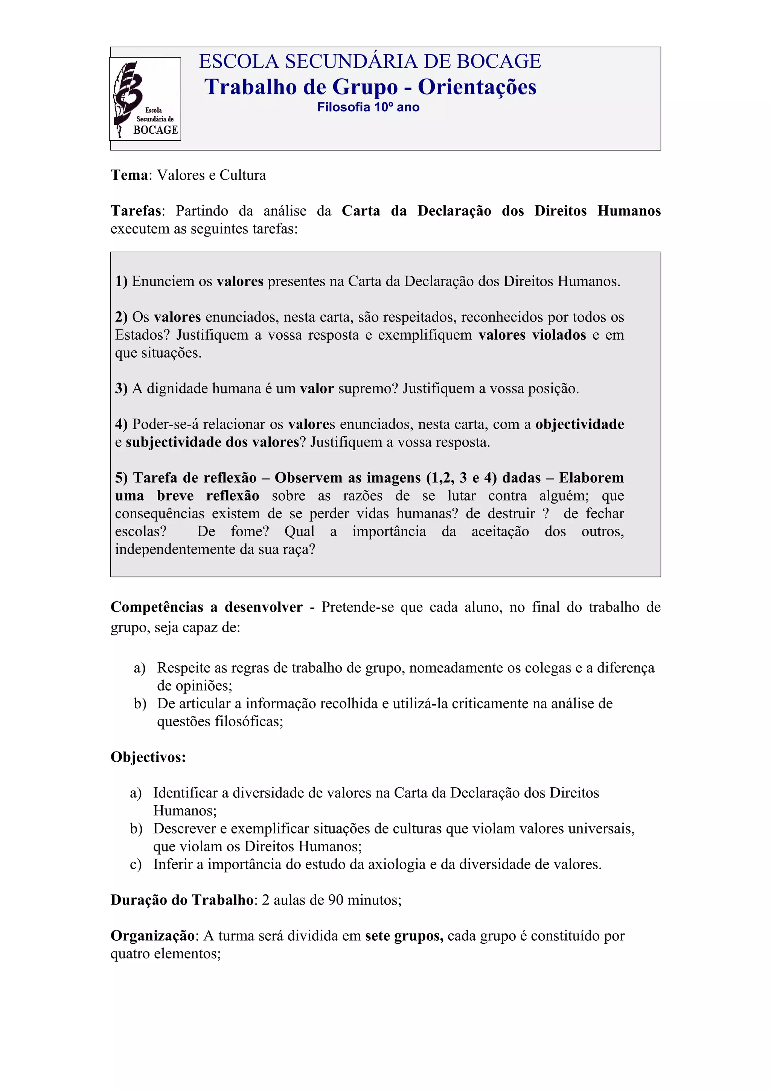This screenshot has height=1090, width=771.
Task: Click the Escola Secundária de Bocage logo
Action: tap(145, 99)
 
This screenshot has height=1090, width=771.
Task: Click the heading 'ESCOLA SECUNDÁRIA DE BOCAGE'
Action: tap(370, 62)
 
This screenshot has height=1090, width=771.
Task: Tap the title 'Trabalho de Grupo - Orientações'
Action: tap(370, 87)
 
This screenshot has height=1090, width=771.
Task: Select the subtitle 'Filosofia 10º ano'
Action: tap(368, 107)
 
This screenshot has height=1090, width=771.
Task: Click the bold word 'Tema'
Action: tap(129, 175)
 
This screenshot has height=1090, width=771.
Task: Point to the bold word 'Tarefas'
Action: tap(136, 211)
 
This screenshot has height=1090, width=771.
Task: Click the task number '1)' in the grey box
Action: tap(121, 281)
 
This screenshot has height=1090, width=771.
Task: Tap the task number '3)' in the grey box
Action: tap(121, 389)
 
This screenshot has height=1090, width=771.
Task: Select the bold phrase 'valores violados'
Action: tap(532, 335)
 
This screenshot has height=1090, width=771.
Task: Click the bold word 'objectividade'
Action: tap(579, 424)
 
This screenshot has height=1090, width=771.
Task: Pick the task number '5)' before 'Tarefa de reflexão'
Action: tap(122, 478)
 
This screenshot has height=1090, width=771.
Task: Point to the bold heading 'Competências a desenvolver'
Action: tap(206, 607)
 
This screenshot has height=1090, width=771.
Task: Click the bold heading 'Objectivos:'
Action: tap(148, 757)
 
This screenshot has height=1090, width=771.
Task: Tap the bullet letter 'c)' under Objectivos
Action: tap(136, 864)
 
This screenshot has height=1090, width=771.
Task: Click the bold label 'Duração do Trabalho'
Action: tap(182, 900)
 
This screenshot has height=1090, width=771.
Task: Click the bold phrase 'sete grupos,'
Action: tap(404, 936)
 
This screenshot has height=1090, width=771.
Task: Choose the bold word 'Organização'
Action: tap(152, 936)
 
